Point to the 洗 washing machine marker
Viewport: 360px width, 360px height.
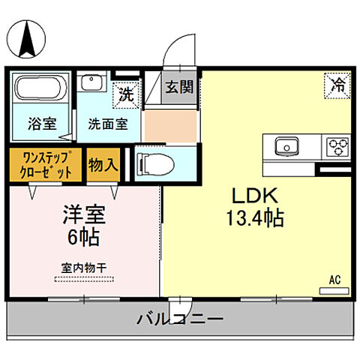tap(126, 94)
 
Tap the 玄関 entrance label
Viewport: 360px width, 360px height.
tap(180, 87)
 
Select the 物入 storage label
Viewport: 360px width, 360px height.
tap(103, 164)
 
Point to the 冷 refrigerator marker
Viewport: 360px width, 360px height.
tap(338, 85)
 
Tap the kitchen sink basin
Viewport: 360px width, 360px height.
tap(286, 145)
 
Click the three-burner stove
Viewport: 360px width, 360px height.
tap(335, 145)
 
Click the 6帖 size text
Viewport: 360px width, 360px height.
tap(82, 238)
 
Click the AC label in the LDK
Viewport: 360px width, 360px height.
tap(334, 280)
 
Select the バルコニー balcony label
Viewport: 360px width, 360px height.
tap(179, 320)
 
